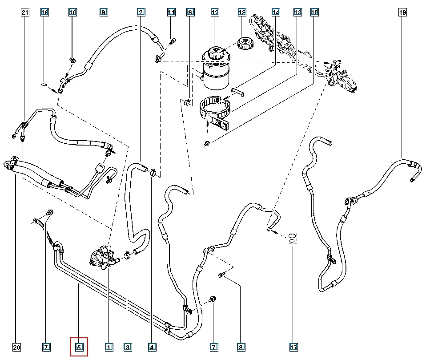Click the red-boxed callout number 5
pyautogui.click(x=80, y=347)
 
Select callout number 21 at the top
pyautogui.click(x=25, y=12)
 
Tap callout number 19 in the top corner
pyautogui.click(x=402, y=12)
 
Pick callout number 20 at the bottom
pyautogui.click(x=16, y=347)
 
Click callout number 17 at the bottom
pyautogui.click(x=293, y=347)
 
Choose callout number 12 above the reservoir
pyautogui.click(x=215, y=12)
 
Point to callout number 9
pyautogui.click(x=103, y=12)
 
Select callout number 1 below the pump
pyautogui.click(x=108, y=347)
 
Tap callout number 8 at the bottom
pyautogui.click(x=241, y=347)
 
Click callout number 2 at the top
pyautogui.click(x=140, y=12)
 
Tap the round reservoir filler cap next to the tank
pyautogui.click(x=243, y=44)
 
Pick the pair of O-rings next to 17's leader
pyautogui.click(x=292, y=238)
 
